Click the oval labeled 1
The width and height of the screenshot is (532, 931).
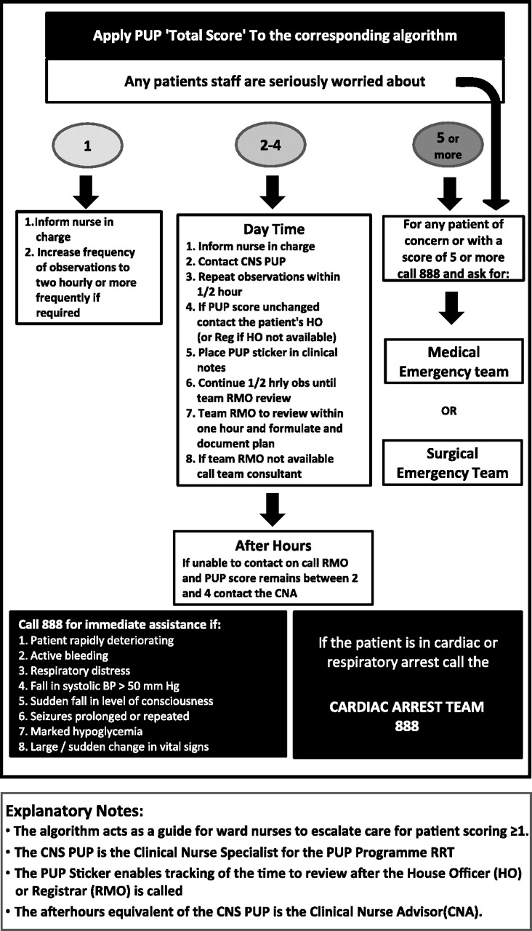[x=87, y=145]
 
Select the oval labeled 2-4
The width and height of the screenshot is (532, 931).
[x=270, y=145]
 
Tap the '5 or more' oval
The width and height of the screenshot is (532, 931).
[x=448, y=145]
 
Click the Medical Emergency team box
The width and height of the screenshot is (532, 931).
[x=454, y=361]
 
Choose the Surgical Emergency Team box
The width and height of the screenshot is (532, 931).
[x=452, y=463]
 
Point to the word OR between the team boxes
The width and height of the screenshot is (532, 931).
[x=449, y=411]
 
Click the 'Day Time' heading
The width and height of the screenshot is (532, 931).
[x=274, y=229]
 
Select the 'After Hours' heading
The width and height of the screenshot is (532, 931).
[x=273, y=546]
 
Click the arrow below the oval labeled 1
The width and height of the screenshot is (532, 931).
[x=86, y=191]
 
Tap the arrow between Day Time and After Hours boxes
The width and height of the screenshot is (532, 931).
[x=273, y=510]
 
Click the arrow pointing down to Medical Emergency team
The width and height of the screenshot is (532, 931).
[x=451, y=308]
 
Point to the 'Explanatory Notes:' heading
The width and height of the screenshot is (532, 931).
[x=75, y=810]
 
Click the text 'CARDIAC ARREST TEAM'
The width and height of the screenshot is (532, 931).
[x=406, y=706]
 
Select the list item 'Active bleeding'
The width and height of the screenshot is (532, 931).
[x=63, y=655]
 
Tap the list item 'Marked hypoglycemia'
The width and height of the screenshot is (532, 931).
[x=80, y=731]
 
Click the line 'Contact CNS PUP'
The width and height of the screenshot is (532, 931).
[x=235, y=261]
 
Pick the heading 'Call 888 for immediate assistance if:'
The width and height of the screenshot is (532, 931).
[x=120, y=624]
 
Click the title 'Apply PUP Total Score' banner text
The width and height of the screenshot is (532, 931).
[x=275, y=36]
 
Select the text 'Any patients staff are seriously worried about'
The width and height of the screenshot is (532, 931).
[x=275, y=81]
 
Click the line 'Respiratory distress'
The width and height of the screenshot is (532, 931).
[x=74, y=671]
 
